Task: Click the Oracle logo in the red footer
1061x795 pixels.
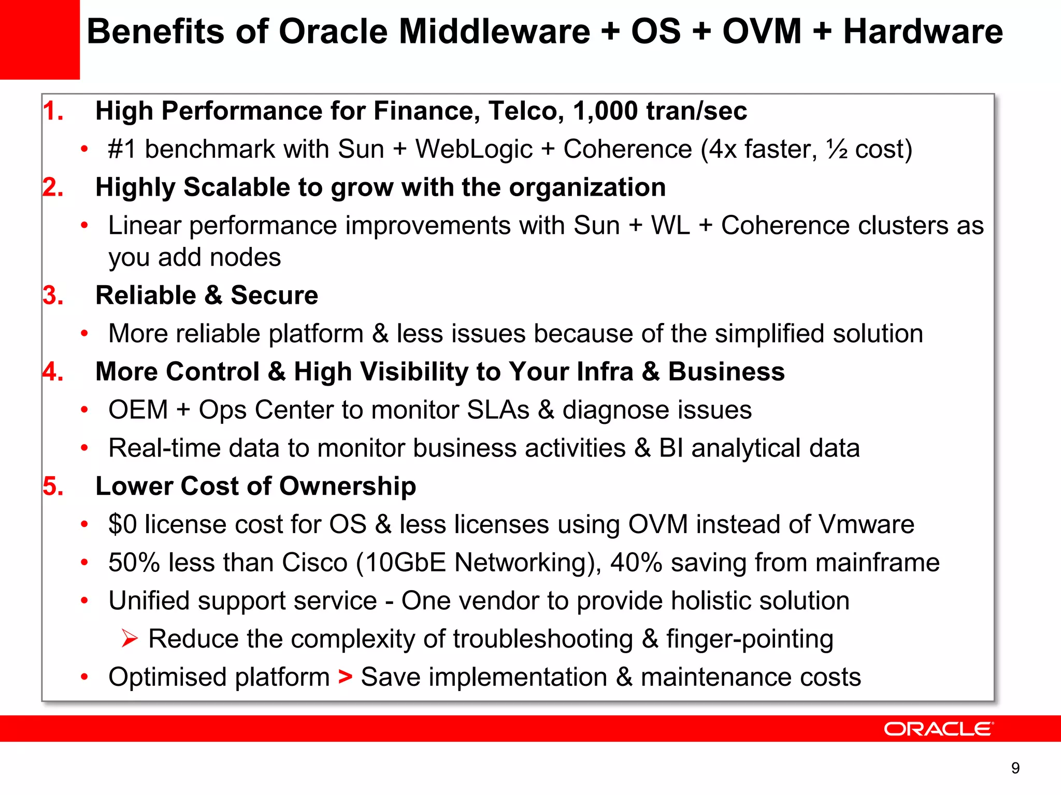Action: pyautogui.click(x=938, y=729)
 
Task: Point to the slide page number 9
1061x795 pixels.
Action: pyautogui.click(x=1015, y=768)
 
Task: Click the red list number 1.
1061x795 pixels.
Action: pyautogui.click(x=53, y=111)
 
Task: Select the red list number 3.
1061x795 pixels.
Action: pyautogui.click(x=53, y=296)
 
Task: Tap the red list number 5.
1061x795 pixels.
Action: pyautogui.click(x=53, y=487)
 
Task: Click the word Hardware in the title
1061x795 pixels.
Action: pyautogui.click(x=923, y=32)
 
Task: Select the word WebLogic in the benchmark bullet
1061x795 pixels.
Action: pyautogui.click(x=474, y=150)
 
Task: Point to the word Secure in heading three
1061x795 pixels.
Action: pyautogui.click(x=274, y=296)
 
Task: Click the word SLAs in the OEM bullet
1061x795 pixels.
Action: pyautogui.click(x=498, y=410)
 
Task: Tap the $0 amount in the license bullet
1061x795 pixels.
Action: pyautogui.click(x=122, y=524)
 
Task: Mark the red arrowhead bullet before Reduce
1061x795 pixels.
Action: pyautogui.click(x=130, y=639)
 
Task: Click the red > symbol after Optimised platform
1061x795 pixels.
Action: pyautogui.click(x=345, y=677)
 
